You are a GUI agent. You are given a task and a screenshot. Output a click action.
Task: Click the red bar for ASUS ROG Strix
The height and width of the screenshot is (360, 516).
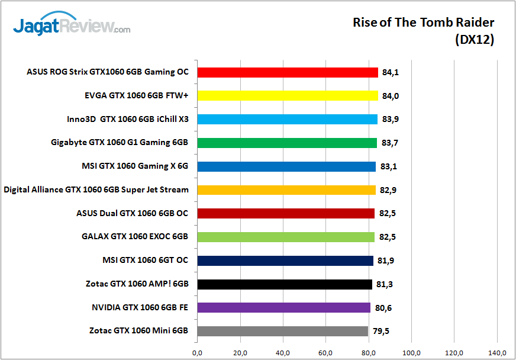click(x=288, y=72)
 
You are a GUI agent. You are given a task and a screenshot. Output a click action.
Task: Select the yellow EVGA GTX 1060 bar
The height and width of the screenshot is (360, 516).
click(x=288, y=95)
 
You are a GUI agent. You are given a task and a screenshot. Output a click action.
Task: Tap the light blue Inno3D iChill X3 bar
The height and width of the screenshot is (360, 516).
click(x=287, y=119)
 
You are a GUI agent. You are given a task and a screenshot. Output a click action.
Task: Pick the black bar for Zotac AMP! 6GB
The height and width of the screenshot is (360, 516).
click(x=285, y=284)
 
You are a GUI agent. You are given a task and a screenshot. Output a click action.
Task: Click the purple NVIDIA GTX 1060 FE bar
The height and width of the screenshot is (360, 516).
click(x=284, y=307)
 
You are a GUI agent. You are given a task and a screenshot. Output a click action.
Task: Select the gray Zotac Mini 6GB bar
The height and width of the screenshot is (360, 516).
click(x=283, y=331)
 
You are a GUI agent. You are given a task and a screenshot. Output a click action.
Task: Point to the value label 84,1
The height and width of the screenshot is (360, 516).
click(x=390, y=72)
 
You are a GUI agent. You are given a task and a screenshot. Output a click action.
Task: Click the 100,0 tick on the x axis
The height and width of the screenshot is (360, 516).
click(x=411, y=353)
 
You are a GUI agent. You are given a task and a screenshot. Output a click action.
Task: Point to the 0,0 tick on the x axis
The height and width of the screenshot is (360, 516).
click(x=197, y=353)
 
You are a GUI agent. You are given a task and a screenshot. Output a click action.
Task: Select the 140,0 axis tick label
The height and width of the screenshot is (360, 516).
click(x=497, y=353)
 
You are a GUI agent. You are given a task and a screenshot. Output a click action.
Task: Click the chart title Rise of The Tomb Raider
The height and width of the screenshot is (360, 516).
click(x=423, y=22)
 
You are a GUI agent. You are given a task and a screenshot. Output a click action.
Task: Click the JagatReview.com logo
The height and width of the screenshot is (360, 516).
click(x=71, y=26)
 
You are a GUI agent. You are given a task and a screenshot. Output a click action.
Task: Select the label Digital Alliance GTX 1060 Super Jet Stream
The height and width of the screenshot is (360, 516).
click(x=96, y=190)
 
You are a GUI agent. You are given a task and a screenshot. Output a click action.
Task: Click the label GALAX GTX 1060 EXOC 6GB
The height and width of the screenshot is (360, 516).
click(x=135, y=237)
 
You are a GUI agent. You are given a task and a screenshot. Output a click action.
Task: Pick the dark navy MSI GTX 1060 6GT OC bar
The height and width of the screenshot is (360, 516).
click(x=285, y=261)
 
